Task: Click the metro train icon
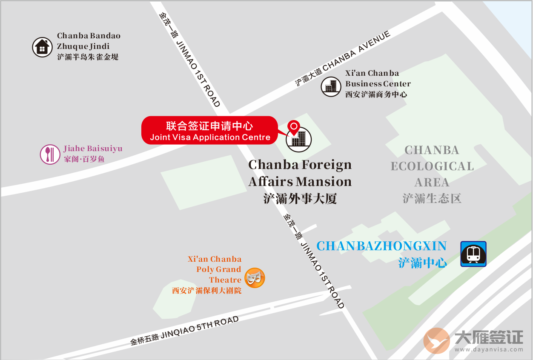(473, 254)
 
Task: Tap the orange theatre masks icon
(255, 278)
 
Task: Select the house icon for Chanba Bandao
(42, 47)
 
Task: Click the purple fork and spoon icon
(50, 154)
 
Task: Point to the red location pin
(294, 127)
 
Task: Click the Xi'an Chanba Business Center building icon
(331, 86)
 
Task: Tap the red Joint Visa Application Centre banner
(209, 130)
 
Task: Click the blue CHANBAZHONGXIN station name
(381, 246)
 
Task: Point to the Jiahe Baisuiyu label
(92, 149)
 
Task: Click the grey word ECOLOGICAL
(432, 166)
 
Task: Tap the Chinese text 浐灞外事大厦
(300, 199)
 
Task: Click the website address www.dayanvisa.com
(488, 350)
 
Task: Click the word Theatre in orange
(225, 280)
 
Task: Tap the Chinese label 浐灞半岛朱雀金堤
(88, 57)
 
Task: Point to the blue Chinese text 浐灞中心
(422, 263)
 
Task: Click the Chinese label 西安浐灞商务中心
(376, 94)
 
